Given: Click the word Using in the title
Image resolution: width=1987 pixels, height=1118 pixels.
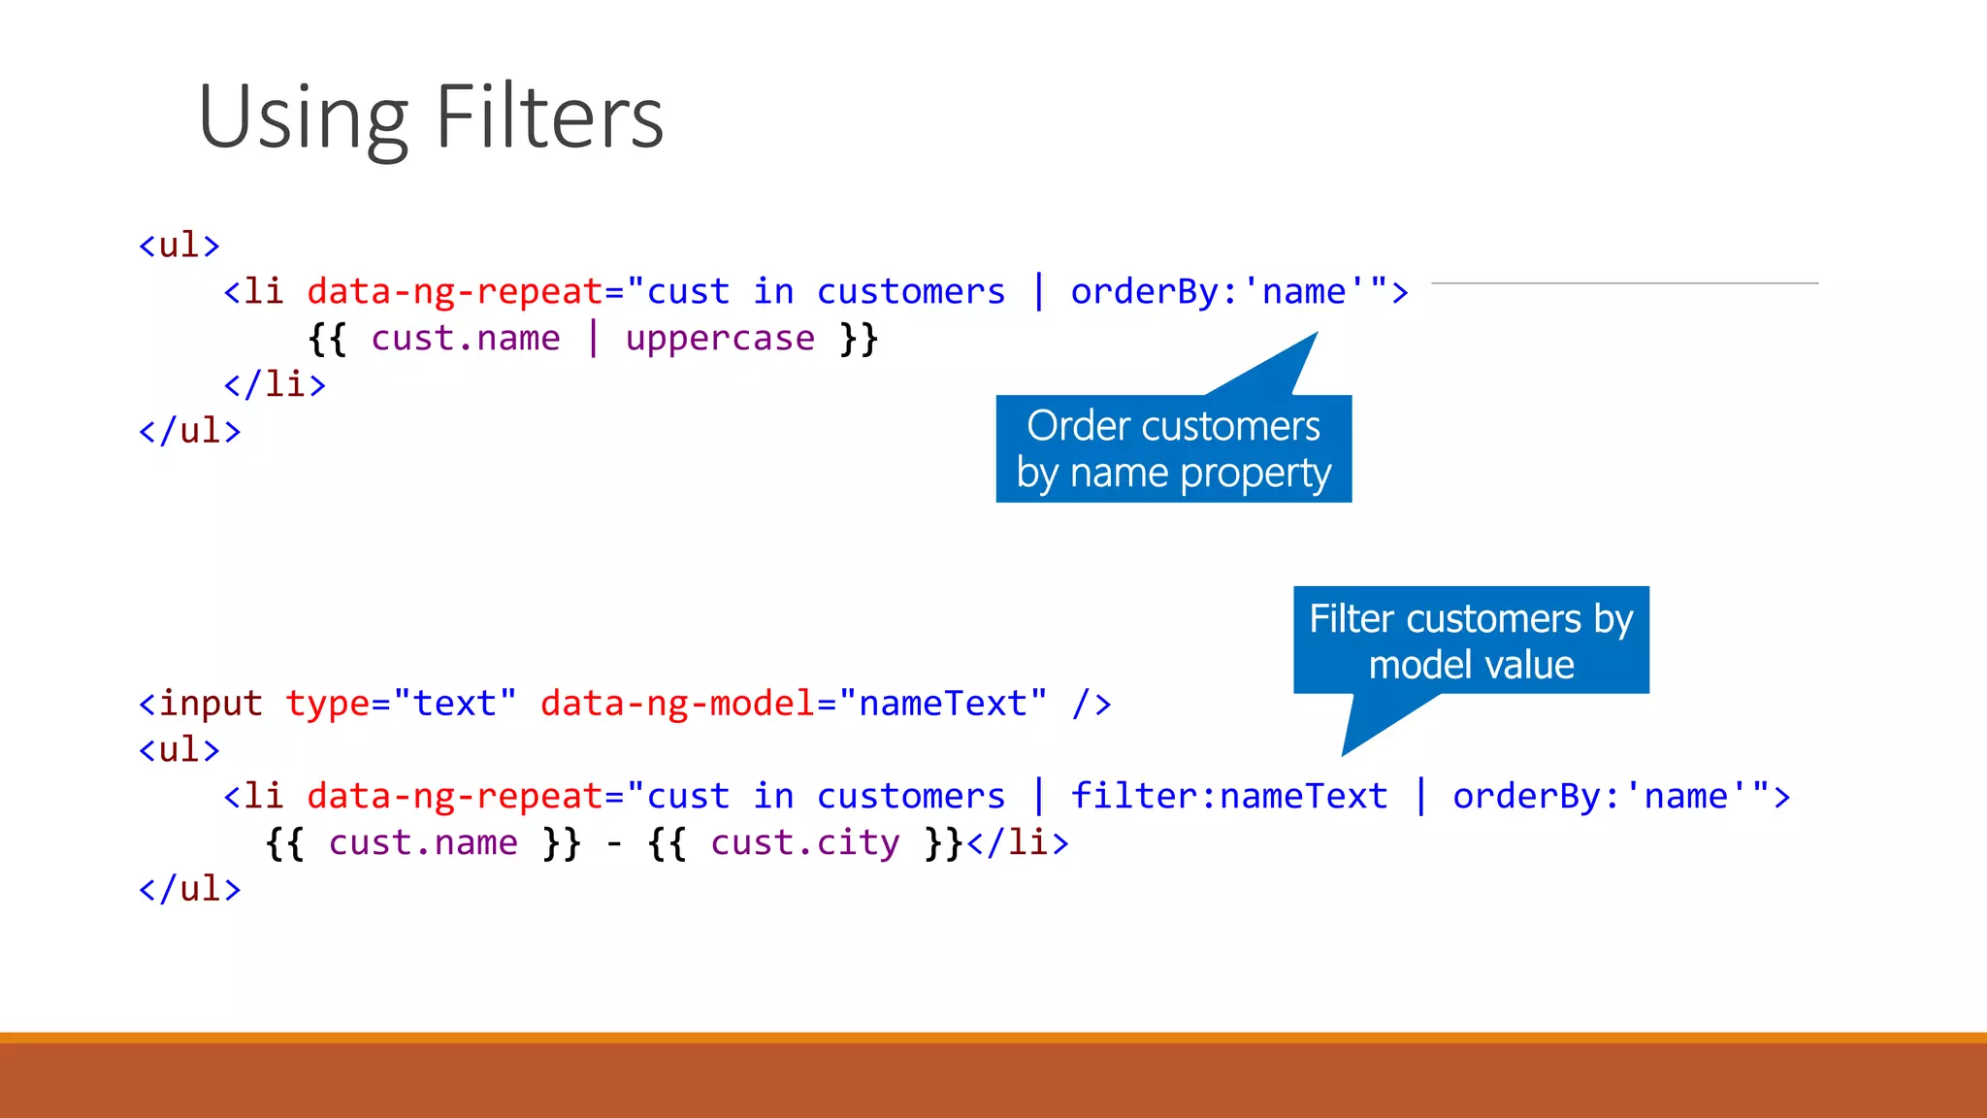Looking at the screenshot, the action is point(303,118).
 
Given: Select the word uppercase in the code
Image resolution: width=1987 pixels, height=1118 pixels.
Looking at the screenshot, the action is point(720,338).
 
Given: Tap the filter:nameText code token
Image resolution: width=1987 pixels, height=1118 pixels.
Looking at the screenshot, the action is point(1229,796).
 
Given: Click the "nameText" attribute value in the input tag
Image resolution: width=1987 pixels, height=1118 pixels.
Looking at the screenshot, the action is point(943,703).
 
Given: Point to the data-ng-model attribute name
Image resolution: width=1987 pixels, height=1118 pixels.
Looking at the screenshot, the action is point(677,703).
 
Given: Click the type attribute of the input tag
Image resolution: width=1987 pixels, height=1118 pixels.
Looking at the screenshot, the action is point(326,703).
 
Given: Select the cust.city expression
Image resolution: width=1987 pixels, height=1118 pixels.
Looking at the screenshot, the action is point(805,842).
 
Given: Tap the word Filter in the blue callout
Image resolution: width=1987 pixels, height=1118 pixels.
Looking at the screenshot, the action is point(1352,618).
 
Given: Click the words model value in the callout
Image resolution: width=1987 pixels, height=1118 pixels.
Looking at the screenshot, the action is point(1471,665).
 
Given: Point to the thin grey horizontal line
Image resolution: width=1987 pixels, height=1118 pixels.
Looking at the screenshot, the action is point(1624,283).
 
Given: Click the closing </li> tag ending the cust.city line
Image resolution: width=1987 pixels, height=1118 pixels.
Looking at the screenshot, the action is point(1018,842).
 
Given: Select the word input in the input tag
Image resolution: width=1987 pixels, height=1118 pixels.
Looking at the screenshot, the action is point(211,703).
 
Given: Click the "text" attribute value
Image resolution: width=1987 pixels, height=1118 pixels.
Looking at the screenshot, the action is point(455,703).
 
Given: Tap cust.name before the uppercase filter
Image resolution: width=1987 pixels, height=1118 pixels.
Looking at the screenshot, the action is point(466,338).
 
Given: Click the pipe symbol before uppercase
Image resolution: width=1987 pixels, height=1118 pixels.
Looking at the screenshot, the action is point(593,338).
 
